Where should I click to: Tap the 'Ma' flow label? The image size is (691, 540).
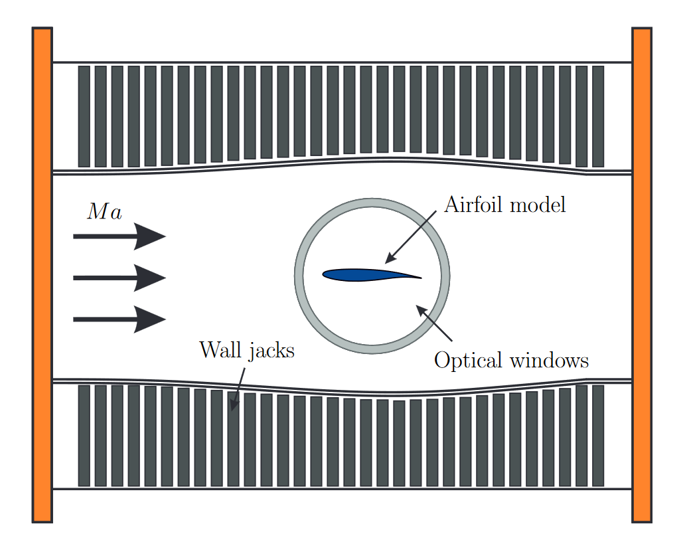[x=105, y=213]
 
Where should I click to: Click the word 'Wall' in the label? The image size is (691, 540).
[x=218, y=349]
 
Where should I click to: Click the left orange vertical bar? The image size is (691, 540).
[x=42, y=274]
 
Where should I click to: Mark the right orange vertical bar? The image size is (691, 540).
[x=642, y=274]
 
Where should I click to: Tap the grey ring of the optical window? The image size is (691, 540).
[x=299, y=275]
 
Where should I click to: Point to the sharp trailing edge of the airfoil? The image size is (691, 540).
[x=420, y=277]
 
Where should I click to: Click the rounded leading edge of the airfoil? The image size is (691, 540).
[x=325, y=274]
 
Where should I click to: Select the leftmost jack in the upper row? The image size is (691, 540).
[x=84, y=116]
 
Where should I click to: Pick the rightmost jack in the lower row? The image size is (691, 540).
[x=598, y=435]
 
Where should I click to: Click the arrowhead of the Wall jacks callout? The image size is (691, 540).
[x=233, y=406]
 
